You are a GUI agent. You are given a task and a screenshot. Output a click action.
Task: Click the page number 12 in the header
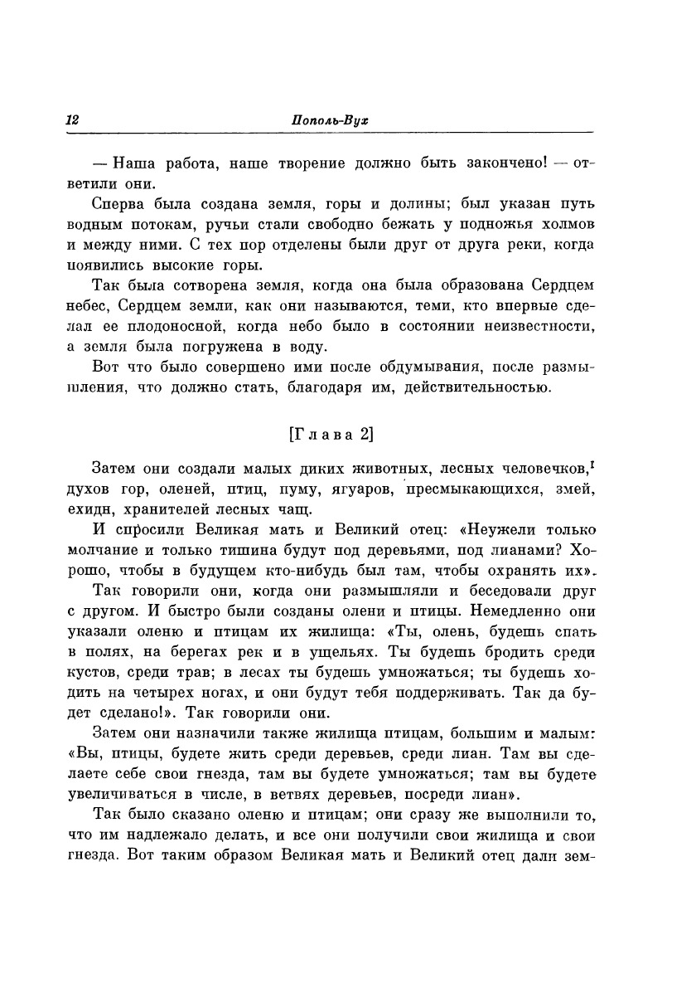pyautogui.click(x=71, y=120)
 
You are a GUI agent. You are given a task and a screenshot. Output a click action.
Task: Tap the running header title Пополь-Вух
pyautogui.click(x=330, y=120)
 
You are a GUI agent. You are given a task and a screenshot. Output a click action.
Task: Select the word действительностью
pyautogui.click(x=473, y=387)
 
